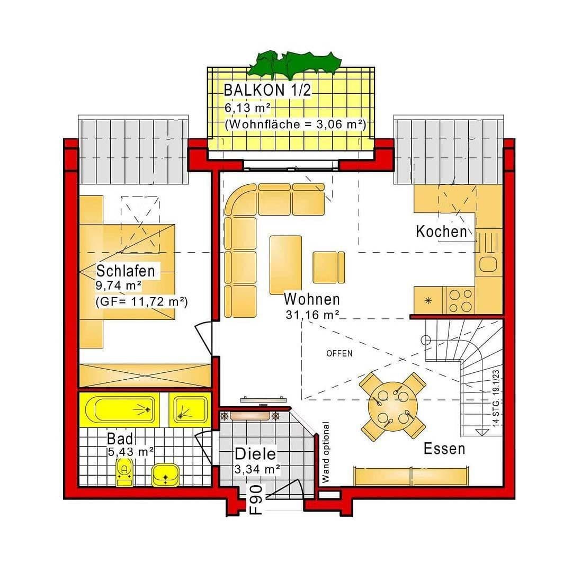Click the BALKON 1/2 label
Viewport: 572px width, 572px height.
267,90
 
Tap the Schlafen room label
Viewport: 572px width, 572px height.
126,271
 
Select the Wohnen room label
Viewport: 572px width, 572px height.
311,299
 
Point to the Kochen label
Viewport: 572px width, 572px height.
441,231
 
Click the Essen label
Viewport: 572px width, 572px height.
444,449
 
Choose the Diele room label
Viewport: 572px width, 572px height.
255,454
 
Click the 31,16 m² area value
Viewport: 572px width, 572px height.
312,315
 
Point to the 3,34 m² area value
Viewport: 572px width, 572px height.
257,468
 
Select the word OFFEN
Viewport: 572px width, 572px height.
339,353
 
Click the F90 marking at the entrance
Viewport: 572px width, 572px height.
256,499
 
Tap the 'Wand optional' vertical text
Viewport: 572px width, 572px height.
326,453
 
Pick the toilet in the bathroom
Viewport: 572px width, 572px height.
124,471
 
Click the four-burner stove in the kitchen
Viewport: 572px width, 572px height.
459,300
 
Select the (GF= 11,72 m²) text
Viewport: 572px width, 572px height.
141,302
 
